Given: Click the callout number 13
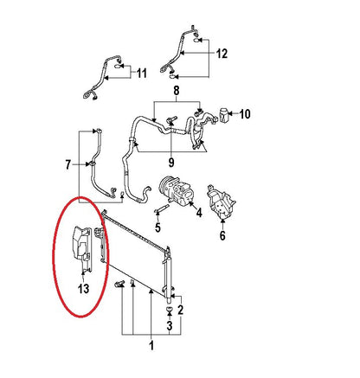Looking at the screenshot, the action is [83, 289].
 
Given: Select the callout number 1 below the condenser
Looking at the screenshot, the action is [151, 345].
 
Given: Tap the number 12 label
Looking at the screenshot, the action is [222, 54].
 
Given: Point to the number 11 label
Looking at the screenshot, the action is [142, 74].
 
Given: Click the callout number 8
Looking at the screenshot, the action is [177, 91].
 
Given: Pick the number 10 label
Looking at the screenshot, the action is [245, 114].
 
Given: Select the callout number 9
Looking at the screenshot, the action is [171, 163].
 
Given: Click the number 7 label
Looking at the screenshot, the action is [67, 165].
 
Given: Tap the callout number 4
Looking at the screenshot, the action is [199, 213].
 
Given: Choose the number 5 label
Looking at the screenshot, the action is [157, 227].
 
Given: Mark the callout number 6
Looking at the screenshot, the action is [222, 235].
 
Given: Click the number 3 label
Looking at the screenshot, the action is [170, 325].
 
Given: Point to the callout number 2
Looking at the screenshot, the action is [181, 310].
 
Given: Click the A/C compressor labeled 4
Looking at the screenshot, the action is [176, 190].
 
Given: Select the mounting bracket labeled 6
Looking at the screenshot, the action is [221, 202].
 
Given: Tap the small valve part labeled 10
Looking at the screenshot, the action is [224, 114].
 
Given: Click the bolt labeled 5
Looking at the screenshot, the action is [162, 209].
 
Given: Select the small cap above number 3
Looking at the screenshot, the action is [170, 310].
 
